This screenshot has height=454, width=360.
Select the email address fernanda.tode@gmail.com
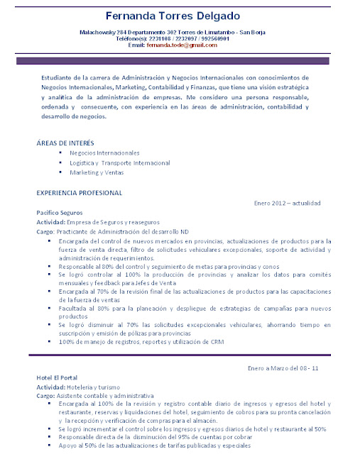click(x=182, y=45)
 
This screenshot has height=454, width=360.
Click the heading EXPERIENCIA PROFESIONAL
click(x=79, y=192)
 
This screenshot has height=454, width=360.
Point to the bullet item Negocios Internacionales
click(x=104, y=153)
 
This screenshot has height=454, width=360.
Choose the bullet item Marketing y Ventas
click(x=96, y=172)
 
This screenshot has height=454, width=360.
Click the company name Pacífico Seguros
click(x=59, y=212)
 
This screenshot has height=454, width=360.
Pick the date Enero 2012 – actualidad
click(x=287, y=203)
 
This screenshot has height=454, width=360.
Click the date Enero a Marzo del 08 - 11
click(x=283, y=369)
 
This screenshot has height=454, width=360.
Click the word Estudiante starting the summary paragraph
click(x=55, y=77)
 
